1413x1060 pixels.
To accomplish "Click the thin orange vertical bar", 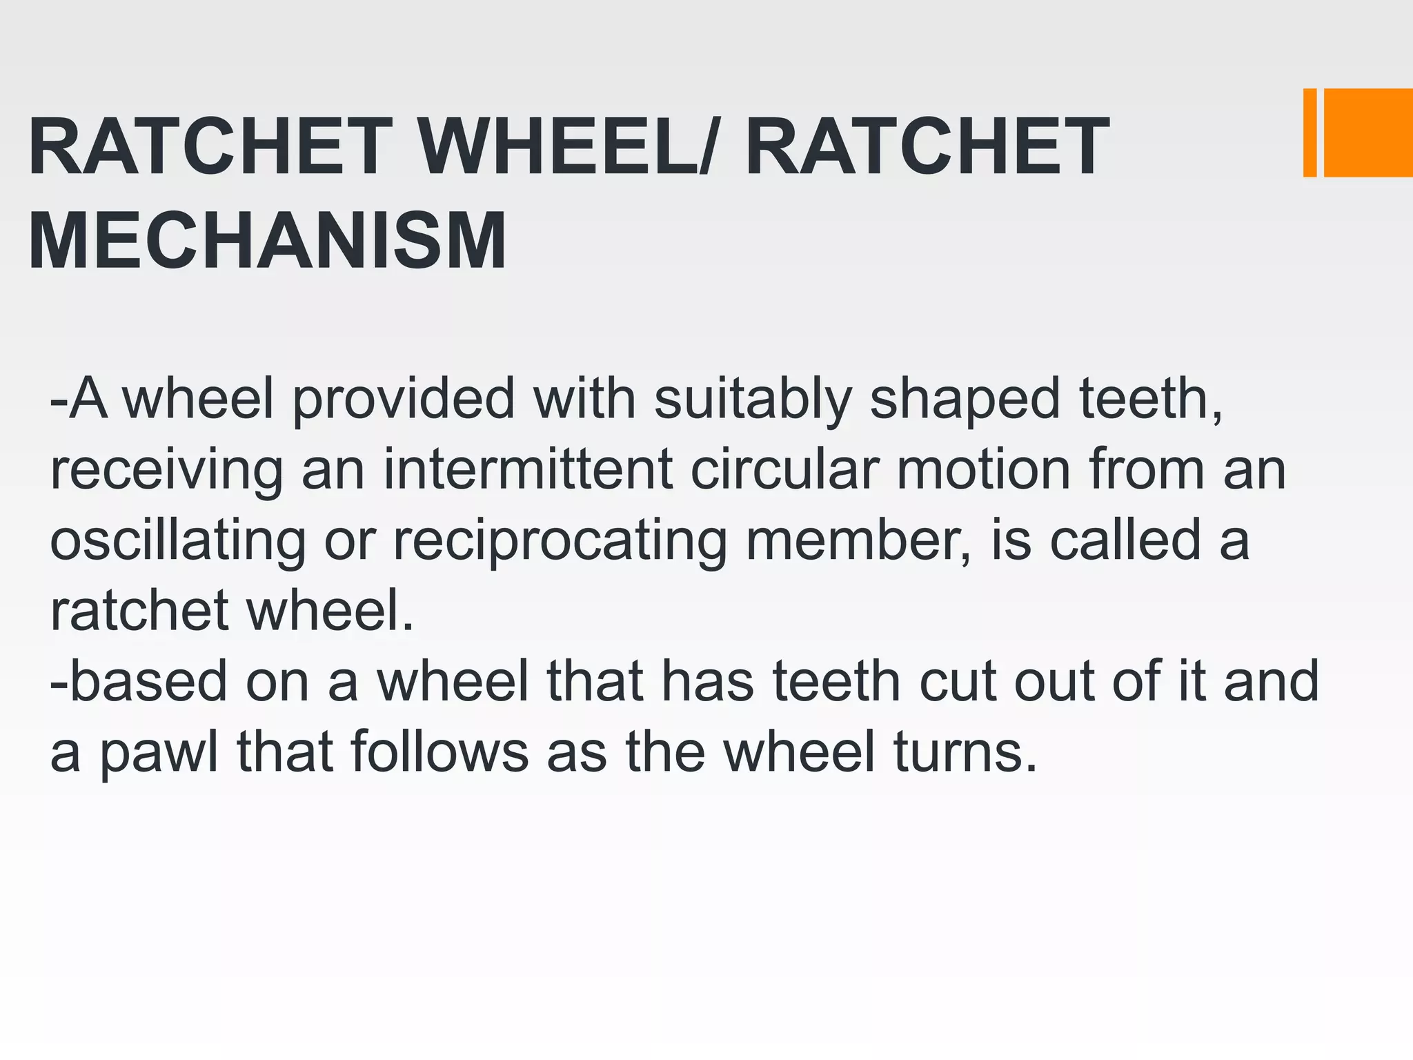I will pos(1310,132).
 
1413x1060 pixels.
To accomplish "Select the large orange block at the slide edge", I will pos(1368,132).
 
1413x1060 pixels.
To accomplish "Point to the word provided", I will pos(404,400).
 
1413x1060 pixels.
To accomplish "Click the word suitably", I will pos(753,400).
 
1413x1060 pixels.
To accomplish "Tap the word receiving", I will pos(166,471).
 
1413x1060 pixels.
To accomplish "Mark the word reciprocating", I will pos(560,542).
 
